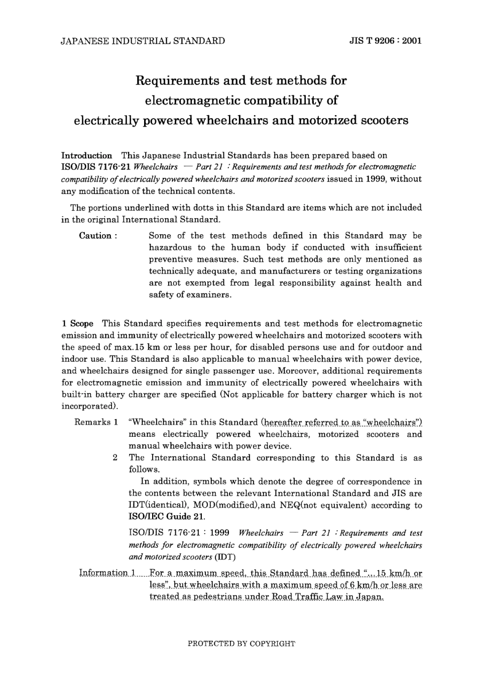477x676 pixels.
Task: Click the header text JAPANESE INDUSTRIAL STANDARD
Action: pyautogui.click(x=143, y=41)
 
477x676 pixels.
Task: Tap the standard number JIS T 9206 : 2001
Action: pyautogui.click(x=385, y=41)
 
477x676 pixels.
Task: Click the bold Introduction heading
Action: pyautogui.click(x=86, y=155)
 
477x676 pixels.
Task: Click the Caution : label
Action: pyautogui.click(x=98, y=236)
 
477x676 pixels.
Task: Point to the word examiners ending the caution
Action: pyautogui.click(x=210, y=295)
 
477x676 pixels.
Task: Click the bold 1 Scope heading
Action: pyautogui.click(x=77, y=324)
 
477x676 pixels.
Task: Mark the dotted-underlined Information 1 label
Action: pyautogui.click(x=107, y=573)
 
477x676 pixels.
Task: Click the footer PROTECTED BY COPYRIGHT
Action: pyautogui.click(x=241, y=643)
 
